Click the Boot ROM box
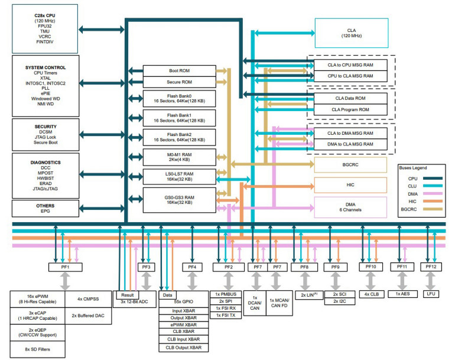coord(174,70)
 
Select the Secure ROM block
coord(174,82)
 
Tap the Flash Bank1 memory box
coord(174,117)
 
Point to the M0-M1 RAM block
coord(174,157)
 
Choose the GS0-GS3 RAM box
coord(174,197)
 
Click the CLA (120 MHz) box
coord(352,33)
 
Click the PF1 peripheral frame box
coord(64,267)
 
